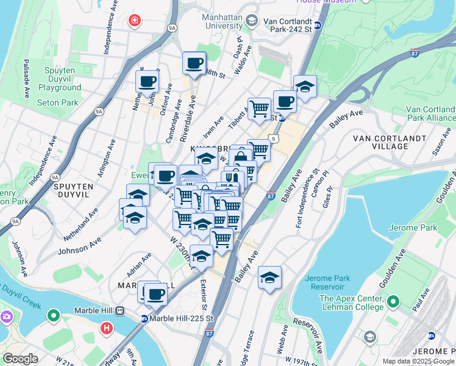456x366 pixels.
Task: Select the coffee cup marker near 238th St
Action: click(x=194, y=63)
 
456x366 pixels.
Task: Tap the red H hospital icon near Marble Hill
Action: click(x=107, y=329)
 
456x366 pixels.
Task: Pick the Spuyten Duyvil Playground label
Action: click(x=59, y=79)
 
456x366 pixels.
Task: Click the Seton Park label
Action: click(x=58, y=102)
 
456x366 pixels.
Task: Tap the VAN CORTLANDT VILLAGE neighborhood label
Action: click(x=390, y=142)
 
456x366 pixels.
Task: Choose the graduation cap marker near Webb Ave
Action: click(x=269, y=278)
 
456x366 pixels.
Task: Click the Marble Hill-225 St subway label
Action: click(x=181, y=318)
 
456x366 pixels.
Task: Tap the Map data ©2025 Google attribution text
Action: click(x=418, y=361)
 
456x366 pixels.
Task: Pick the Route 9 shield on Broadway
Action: click(x=274, y=139)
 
